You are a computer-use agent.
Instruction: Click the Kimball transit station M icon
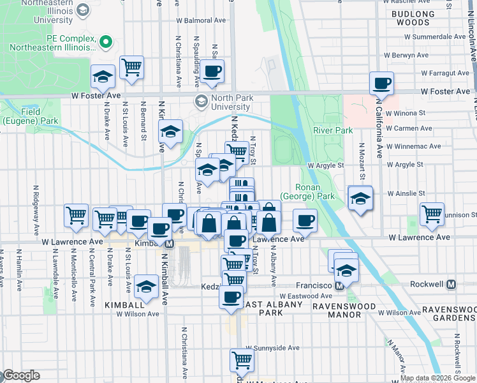[170, 244]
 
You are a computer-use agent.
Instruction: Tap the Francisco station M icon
[340, 286]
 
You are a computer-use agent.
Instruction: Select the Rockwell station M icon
[451, 284]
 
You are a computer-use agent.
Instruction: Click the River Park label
[332, 130]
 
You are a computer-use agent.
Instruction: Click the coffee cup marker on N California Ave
[381, 83]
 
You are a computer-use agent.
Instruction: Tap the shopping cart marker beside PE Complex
[131, 66]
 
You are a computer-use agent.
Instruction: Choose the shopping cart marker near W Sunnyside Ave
[242, 360]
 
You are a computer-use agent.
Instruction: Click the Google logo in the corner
[20, 375]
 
